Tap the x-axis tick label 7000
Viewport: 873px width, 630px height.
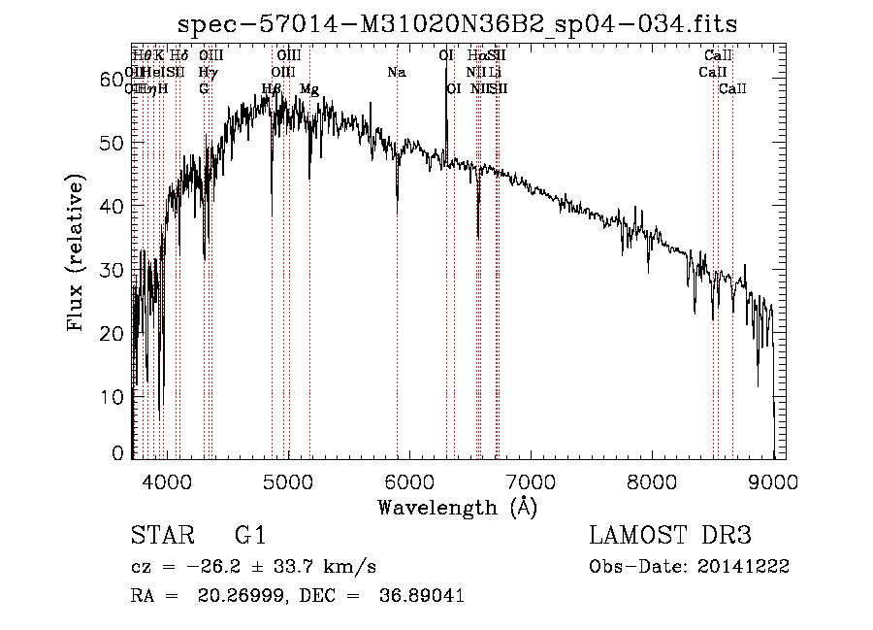pyautogui.click(x=531, y=480)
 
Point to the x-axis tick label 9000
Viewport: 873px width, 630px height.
pyautogui.click(x=773, y=480)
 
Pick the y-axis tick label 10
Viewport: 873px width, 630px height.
pyautogui.click(x=114, y=397)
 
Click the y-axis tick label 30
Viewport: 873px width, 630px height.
pyautogui.click(x=114, y=270)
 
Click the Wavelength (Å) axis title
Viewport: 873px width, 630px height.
pyautogui.click(x=457, y=506)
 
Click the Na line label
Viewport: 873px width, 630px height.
pyautogui.click(x=396, y=73)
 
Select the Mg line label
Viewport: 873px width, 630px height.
pyautogui.click(x=308, y=89)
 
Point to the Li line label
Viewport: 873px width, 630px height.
pyautogui.click(x=495, y=73)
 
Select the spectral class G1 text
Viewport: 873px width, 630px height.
pyautogui.click(x=250, y=535)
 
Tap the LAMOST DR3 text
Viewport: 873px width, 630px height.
pyautogui.click(x=670, y=535)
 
